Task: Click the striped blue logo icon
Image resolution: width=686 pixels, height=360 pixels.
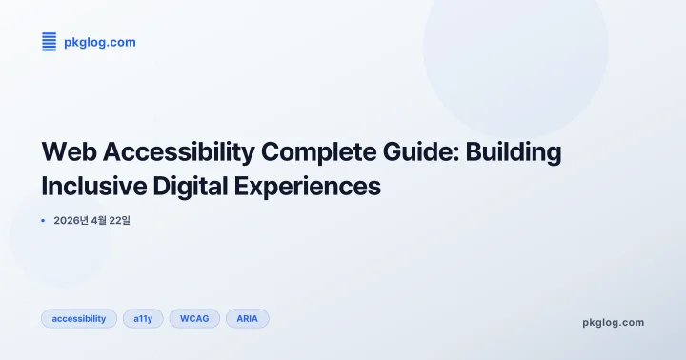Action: pos(50,41)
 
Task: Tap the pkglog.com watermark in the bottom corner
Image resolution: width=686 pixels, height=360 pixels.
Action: pos(613,322)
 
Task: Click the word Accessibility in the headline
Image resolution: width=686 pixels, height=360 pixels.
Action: pos(178,151)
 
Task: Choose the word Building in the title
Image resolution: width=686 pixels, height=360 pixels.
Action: pos(514,151)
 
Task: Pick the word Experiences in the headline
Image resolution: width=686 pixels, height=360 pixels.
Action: pos(307,186)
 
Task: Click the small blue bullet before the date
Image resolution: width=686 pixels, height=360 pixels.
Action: pos(43,220)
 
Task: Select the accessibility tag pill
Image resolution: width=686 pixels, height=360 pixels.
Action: pos(79,318)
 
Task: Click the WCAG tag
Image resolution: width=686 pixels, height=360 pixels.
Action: pos(194,318)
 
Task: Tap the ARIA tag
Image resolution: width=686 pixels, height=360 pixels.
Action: pos(247,318)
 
